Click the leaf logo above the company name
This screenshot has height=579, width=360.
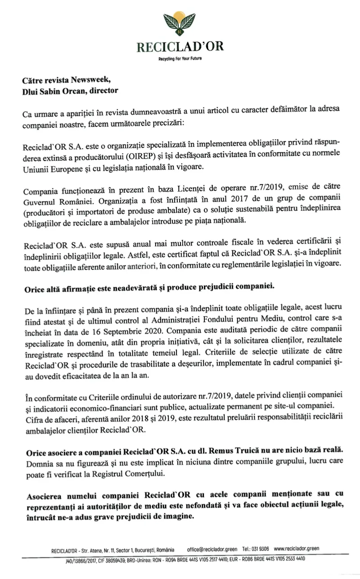tap(180, 25)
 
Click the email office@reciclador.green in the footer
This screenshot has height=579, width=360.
tap(212, 549)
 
